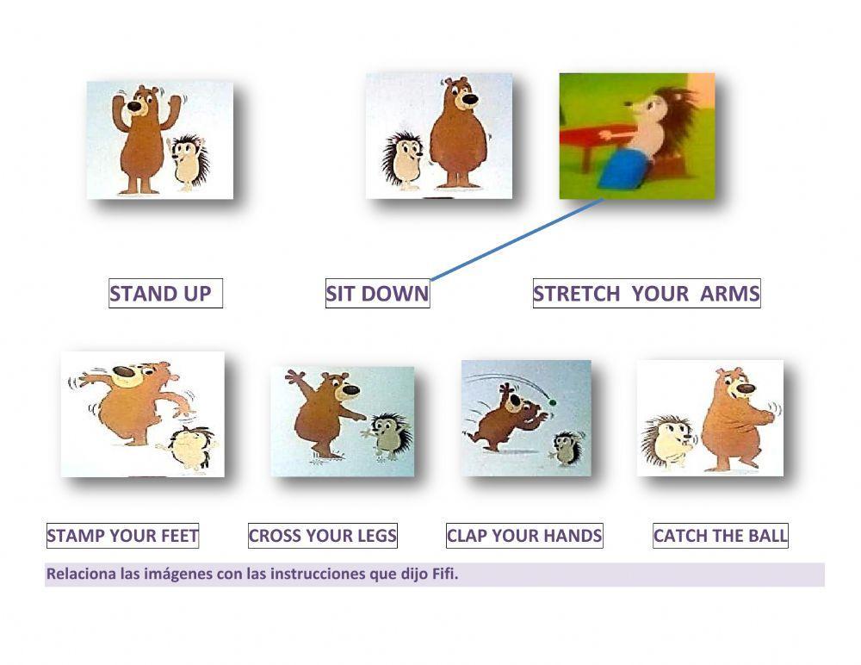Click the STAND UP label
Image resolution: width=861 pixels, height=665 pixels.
tap(161, 294)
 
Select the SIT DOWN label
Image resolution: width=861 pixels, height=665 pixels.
tap(377, 294)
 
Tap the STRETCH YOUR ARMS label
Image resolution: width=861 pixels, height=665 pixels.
tap(646, 294)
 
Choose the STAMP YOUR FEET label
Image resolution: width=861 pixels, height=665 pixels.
tap(122, 536)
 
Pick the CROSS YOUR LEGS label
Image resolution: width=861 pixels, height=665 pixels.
tap(322, 536)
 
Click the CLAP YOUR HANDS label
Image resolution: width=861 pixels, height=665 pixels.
tap(523, 536)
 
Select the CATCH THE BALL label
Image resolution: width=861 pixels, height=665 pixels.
tap(720, 536)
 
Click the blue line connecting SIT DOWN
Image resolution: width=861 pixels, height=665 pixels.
tap(517, 239)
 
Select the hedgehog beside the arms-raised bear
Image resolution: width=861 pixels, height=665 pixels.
tap(189, 160)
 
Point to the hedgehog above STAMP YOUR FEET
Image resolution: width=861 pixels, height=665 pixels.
tap(189, 447)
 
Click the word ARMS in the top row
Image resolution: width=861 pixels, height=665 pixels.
tap(729, 294)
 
